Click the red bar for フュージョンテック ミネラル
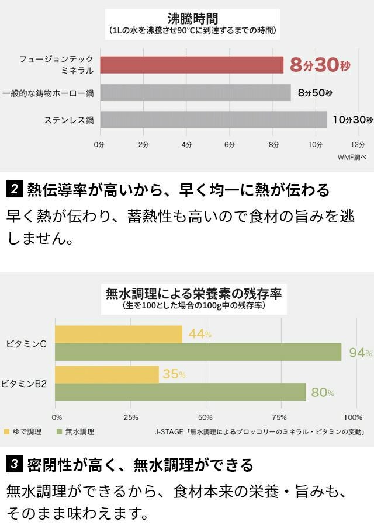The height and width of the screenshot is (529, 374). pos(192,65)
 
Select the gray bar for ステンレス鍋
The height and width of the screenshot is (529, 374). pos(213,120)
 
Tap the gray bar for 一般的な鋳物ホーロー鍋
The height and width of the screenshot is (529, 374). pos(195,92)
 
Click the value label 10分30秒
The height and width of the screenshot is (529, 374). pos(352,120)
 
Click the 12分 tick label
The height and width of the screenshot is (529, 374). pos(358,144)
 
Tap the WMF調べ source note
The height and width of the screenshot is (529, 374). pos(352,157)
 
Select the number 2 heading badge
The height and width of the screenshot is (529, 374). pos(14,189)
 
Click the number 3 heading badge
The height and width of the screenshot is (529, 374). pos(14,465)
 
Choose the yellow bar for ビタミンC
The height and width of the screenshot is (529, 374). pos(119,334)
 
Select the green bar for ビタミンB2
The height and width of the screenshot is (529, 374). pos(181,392)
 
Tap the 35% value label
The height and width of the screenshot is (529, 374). pos(174,374)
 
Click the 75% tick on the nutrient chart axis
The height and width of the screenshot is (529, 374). pos(280,417)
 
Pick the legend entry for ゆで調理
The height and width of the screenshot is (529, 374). pos(21,432)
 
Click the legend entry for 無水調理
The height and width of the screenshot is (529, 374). pos(75,432)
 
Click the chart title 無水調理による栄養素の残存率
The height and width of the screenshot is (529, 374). pos(193,293)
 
